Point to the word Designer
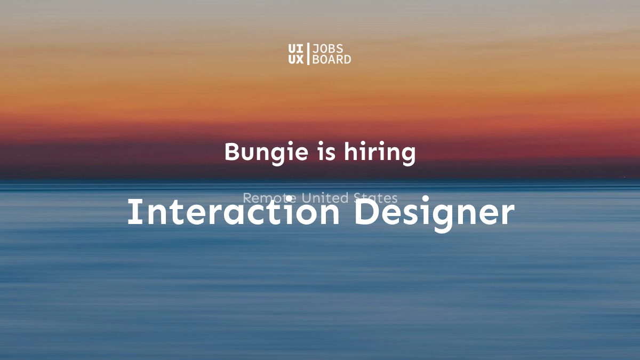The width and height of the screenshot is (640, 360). coord(434,212)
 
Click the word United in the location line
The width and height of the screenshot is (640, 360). coord(325,198)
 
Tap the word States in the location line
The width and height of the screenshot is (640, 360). coord(375,198)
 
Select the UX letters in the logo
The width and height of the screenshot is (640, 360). coord(295,59)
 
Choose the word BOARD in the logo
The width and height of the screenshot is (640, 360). coord(331,59)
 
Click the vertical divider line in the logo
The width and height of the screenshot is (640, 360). coord(308,54)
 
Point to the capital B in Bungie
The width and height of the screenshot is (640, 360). coord(231,152)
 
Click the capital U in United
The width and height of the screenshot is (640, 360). coord(307,198)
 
